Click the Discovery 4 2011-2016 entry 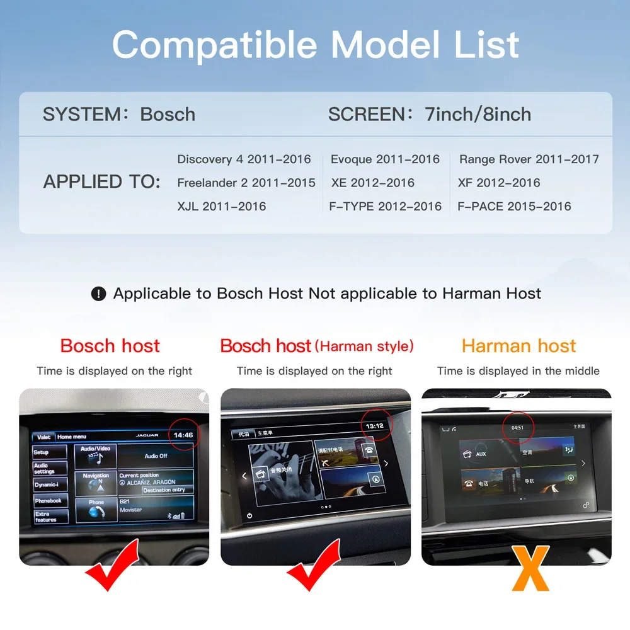point(244,159)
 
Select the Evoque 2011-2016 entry point(385,159)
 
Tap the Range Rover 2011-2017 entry point(529,159)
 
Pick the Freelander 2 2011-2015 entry point(246,183)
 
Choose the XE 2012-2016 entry point(372,183)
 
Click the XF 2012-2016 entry point(499,183)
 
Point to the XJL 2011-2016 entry point(221,206)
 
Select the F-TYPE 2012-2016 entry point(385,206)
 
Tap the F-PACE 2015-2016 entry point(514,206)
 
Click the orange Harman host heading point(518,346)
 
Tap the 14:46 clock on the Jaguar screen point(183,435)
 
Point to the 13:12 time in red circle point(375,426)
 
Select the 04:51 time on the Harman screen point(517,427)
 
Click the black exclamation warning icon point(98,294)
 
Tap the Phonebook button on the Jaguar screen point(49,501)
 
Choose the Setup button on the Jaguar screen point(42,452)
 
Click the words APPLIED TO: point(101,182)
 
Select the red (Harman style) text point(364,346)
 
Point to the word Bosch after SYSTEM point(168,114)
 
